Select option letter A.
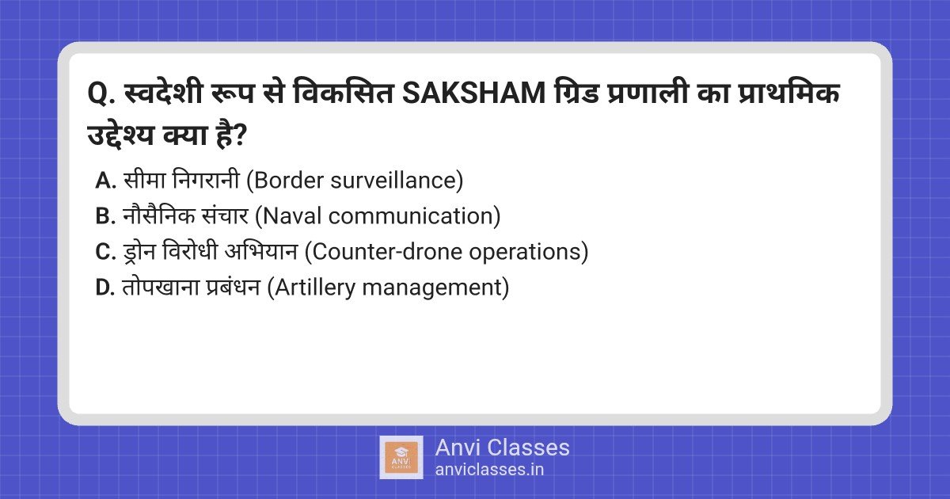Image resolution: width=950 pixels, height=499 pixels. [105, 181]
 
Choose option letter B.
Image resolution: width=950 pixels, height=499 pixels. [105, 216]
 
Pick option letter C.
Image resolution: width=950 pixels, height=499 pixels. [105, 252]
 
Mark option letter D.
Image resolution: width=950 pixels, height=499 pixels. [105, 288]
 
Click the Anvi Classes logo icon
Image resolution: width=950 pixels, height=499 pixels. [401, 457]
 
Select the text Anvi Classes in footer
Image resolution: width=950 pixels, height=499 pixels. [502, 448]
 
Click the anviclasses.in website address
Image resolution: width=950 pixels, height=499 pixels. [489, 469]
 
